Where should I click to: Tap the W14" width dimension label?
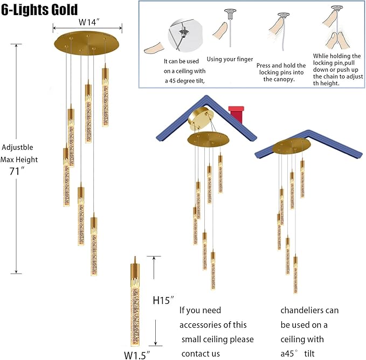[87, 23]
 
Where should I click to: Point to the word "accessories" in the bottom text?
[213, 325]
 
